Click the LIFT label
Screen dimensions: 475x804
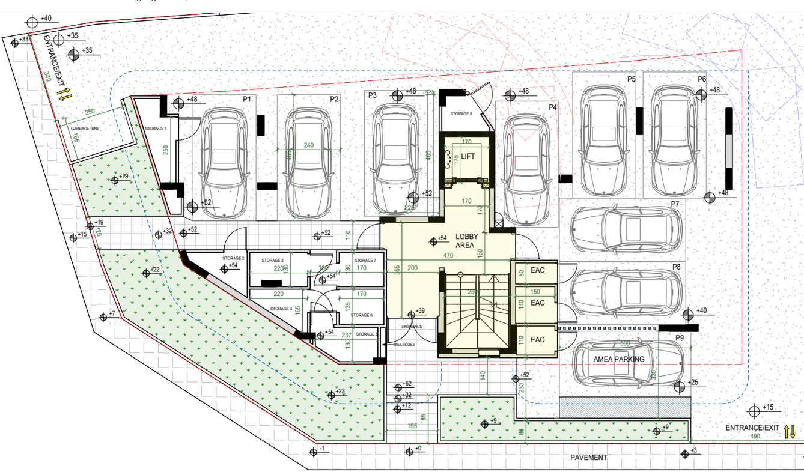click(x=468, y=156)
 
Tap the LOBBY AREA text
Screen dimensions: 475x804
click(x=466, y=241)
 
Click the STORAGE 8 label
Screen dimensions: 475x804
click(x=461, y=114)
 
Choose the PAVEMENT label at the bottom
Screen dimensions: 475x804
click(x=589, y=458)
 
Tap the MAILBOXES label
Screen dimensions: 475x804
click(x=404, y=345)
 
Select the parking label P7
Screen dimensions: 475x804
click(x=675, y=204)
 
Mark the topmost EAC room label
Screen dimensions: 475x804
click(x=537, y=270)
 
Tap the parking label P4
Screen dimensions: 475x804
click(x=553, y=107)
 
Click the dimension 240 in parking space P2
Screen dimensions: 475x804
click(x=308, y=145)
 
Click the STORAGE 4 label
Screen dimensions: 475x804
click(x=281, y=309)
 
